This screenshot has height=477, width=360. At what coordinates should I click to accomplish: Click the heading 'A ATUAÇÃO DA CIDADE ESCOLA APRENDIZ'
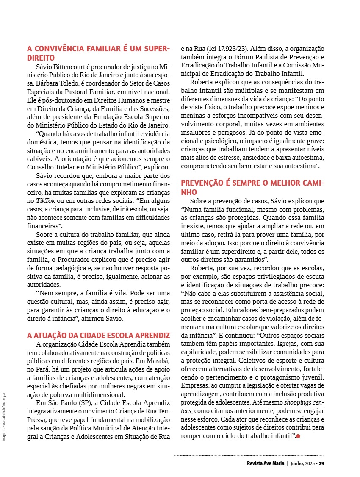pyautogui.click(x=98, y=335)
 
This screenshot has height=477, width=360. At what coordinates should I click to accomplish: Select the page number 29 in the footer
pyautogui.click(x=321, y=463)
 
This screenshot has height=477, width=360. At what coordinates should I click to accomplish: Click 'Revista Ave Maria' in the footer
pyautogui.click(x=265, y=463)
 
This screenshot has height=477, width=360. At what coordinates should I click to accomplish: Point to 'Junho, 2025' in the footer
pyautogui.click(x=303, y=463)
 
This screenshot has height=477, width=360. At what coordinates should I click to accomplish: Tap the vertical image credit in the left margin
pyautogui.click(x=4, y=417)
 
